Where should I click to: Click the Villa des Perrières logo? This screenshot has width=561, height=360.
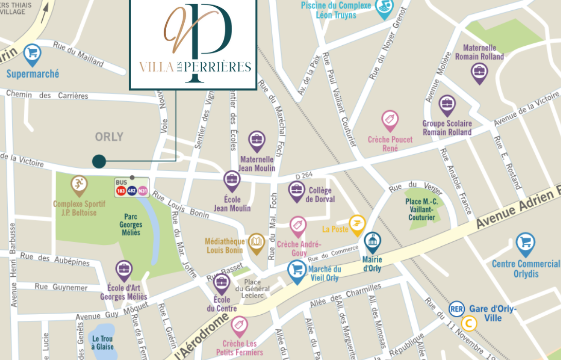click(193, 45)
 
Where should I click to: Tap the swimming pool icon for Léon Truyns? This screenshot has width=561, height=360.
click(383, 8)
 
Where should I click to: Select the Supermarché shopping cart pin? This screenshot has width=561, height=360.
click(32, 53)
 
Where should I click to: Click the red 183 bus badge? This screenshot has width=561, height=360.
click(121, 191)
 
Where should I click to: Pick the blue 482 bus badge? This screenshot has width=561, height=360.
click(132, 191)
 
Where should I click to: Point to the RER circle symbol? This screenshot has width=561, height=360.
click(456, 309)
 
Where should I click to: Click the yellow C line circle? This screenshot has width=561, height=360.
click(468, 323)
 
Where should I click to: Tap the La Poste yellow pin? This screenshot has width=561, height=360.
click(357, 224)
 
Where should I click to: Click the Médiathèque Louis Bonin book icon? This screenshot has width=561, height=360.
click(256, 242)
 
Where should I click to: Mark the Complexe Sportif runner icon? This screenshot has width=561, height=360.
click(79, 184)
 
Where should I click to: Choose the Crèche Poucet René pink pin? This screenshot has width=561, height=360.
click(390, 120)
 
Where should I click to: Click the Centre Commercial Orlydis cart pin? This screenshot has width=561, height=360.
click(525, 243)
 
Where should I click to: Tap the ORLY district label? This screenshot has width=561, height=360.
click(109, 137)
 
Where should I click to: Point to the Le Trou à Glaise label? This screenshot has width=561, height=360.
click(102, 343)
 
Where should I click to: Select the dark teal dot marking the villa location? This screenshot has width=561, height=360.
click(99, 161)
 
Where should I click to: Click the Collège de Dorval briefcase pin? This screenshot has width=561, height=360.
click(296, 190)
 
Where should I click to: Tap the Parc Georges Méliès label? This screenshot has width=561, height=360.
click(131, 225)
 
